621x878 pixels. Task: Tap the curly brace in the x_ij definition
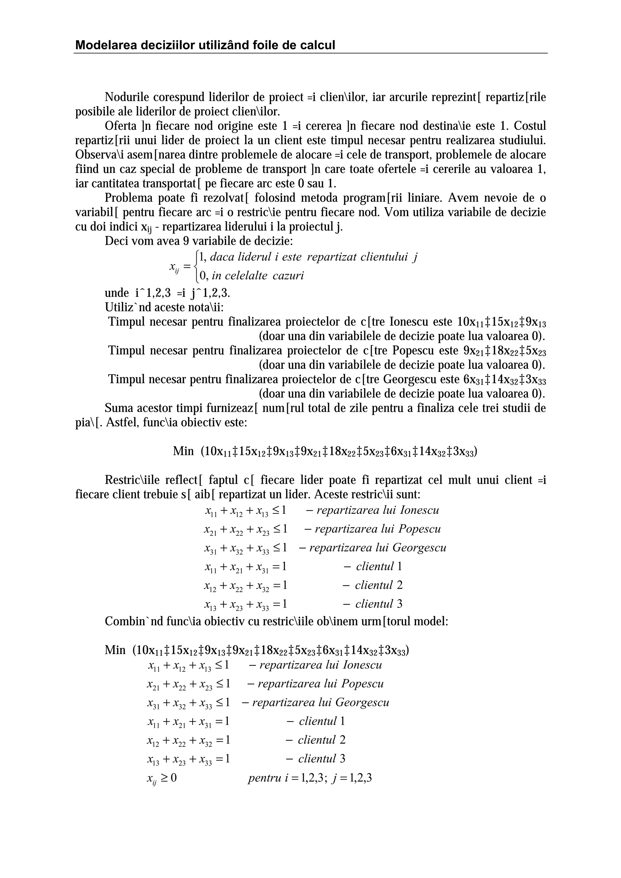[x=196, y=265]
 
